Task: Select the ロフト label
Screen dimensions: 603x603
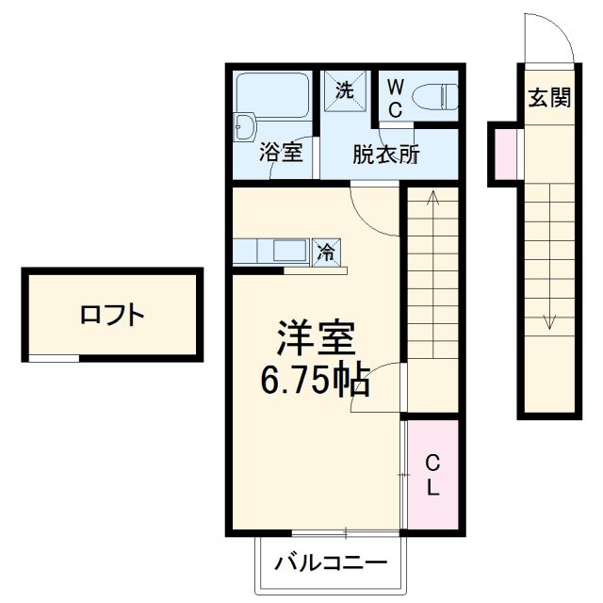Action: click(112, 315)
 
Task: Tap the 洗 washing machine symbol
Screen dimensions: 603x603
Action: click(345, 90)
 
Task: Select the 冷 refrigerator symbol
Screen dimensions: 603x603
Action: click(326, 253)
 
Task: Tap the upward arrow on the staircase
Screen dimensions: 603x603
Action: click(432, 201)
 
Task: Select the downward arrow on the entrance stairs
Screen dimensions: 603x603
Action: click(549, 320)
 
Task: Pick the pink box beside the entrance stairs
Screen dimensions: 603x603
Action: click(505, 153)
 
